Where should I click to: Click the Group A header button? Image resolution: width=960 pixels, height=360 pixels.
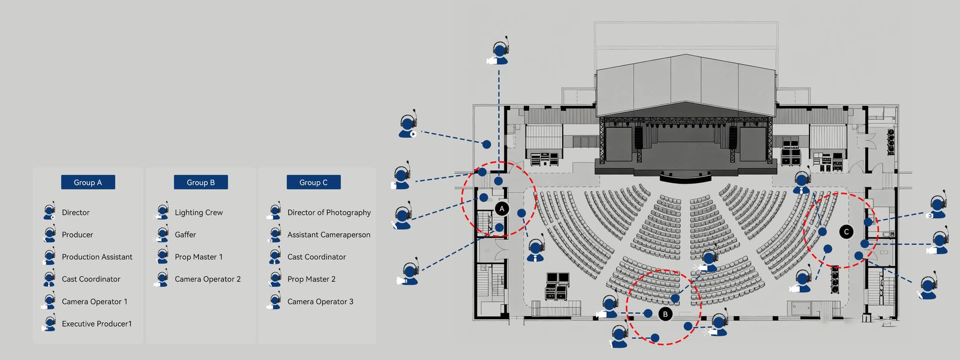(88, 182)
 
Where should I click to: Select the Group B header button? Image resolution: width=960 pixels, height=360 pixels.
(200, 182)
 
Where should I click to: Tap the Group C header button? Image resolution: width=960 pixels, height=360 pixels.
(313, 182)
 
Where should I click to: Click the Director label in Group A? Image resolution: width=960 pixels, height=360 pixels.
(76, 212)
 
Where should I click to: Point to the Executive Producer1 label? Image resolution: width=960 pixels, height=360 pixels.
(97, 324)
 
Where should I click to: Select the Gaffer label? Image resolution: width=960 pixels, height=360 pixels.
(185, 235)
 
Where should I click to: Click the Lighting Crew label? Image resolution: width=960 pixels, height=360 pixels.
(199, 212)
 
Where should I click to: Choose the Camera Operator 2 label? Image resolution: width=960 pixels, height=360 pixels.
(208, 279)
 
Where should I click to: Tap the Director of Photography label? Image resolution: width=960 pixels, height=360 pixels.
(329, 212)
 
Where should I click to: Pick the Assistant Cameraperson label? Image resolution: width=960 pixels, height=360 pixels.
(329, 235)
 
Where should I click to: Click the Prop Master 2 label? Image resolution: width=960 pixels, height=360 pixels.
(311, 279)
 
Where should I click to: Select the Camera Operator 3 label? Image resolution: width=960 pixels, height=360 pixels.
(320, 302)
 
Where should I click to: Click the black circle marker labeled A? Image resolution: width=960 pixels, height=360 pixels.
(502, 209)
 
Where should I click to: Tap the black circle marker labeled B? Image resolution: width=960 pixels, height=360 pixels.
(665, 314)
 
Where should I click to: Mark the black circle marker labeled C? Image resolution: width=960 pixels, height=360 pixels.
(846, 232)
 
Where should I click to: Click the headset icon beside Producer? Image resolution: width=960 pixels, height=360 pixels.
(49, 235)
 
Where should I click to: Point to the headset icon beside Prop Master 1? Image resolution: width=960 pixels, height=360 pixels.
(162, 257)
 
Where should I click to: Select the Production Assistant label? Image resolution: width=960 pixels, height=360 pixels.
(97, 257)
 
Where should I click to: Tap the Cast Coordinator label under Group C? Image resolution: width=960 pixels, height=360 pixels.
(317, 257)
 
